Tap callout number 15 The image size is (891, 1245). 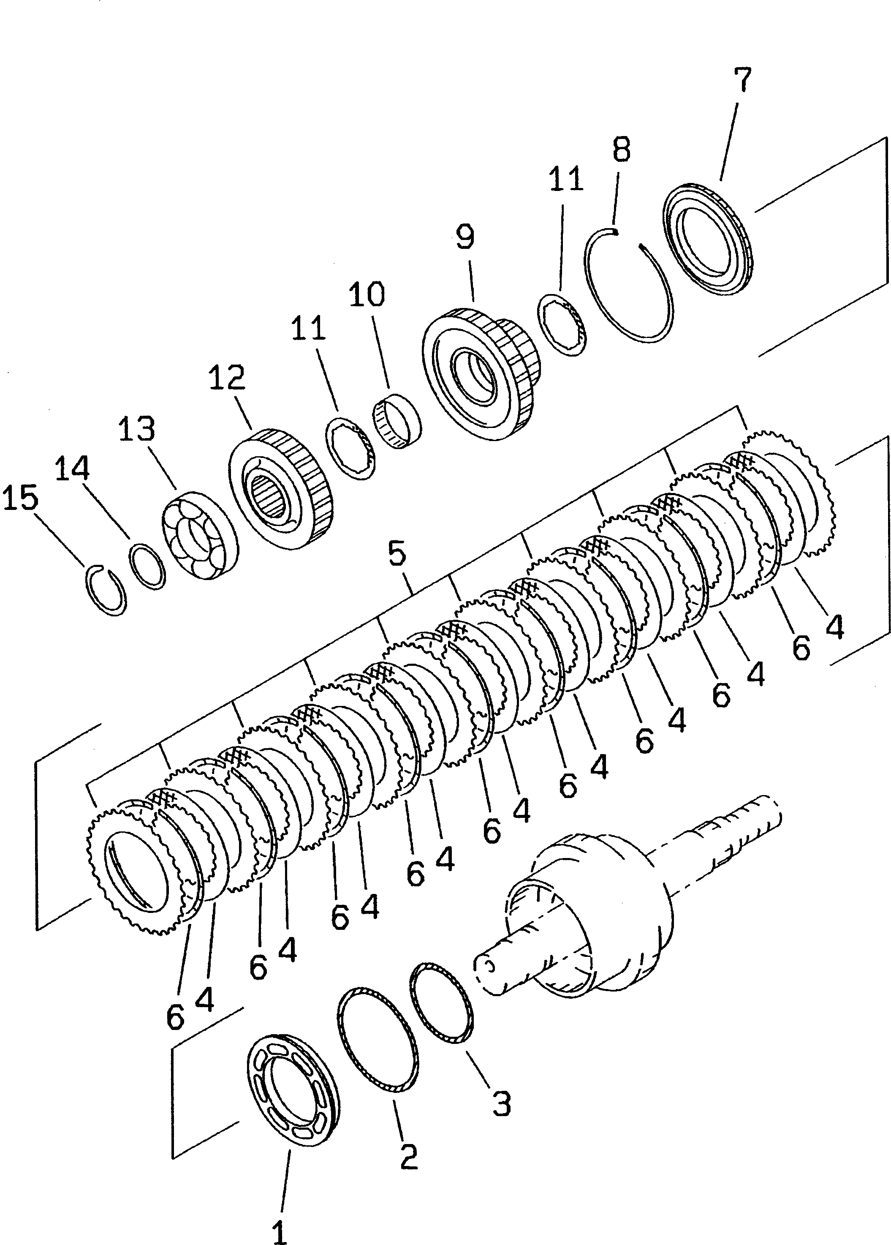[x=21, y=498]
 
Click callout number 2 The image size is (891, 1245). [x=409, y=1157]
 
